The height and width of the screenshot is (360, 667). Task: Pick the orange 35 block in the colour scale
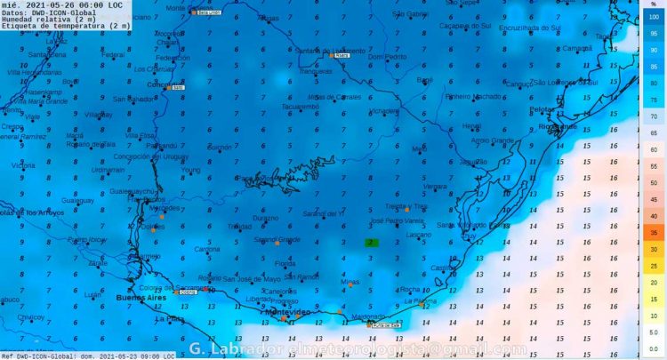654,232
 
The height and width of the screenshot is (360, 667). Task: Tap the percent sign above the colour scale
654,4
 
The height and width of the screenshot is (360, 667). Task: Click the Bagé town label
424,79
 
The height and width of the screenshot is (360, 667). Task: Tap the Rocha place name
410,289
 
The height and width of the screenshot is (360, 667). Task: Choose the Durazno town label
265,217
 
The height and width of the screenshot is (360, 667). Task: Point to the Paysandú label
162,144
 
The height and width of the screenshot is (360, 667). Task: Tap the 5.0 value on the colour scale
654,332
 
